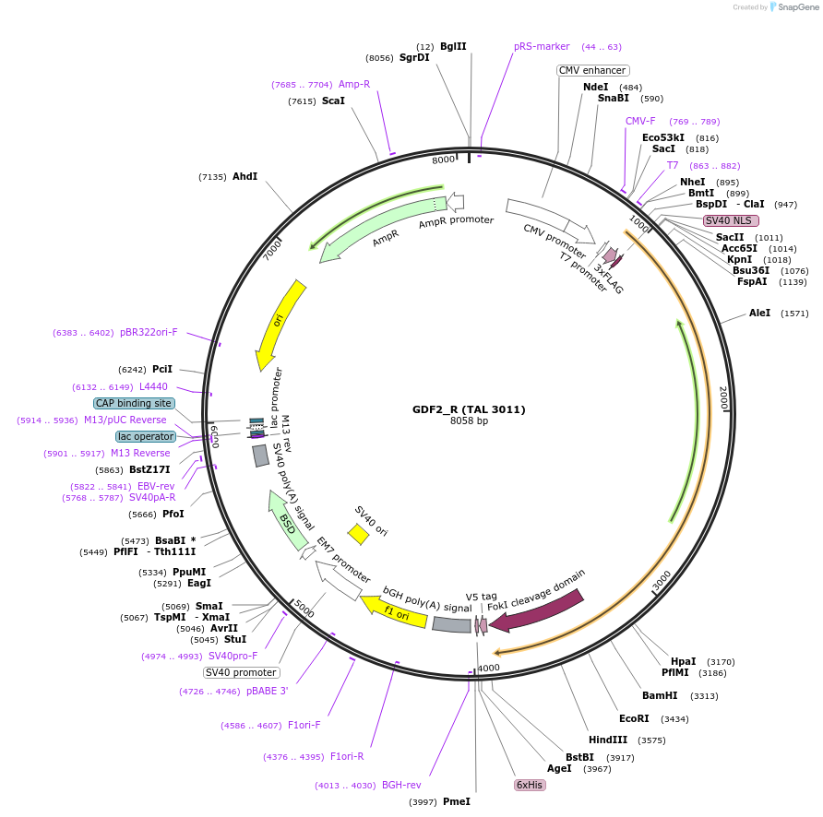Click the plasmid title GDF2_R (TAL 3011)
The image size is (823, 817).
[469, 408]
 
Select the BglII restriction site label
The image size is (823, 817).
[453, 46]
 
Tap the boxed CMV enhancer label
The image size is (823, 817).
[592, 70]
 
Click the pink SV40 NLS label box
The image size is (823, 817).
[731, 220]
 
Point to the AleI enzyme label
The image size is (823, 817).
[759, 314]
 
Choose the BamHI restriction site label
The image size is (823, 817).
[660, 695]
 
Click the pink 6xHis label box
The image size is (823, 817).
[530, 785]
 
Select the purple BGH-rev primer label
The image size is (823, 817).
[401, 786]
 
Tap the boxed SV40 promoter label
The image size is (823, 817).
[241, 672]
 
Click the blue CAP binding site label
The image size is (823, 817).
[134, 403]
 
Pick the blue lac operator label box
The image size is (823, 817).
[146, 436]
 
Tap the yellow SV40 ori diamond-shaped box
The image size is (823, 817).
[359, 534]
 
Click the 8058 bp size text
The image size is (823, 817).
[469, 421]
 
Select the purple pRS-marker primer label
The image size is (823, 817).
[542, 46]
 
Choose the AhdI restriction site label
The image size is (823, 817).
[245, 176]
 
